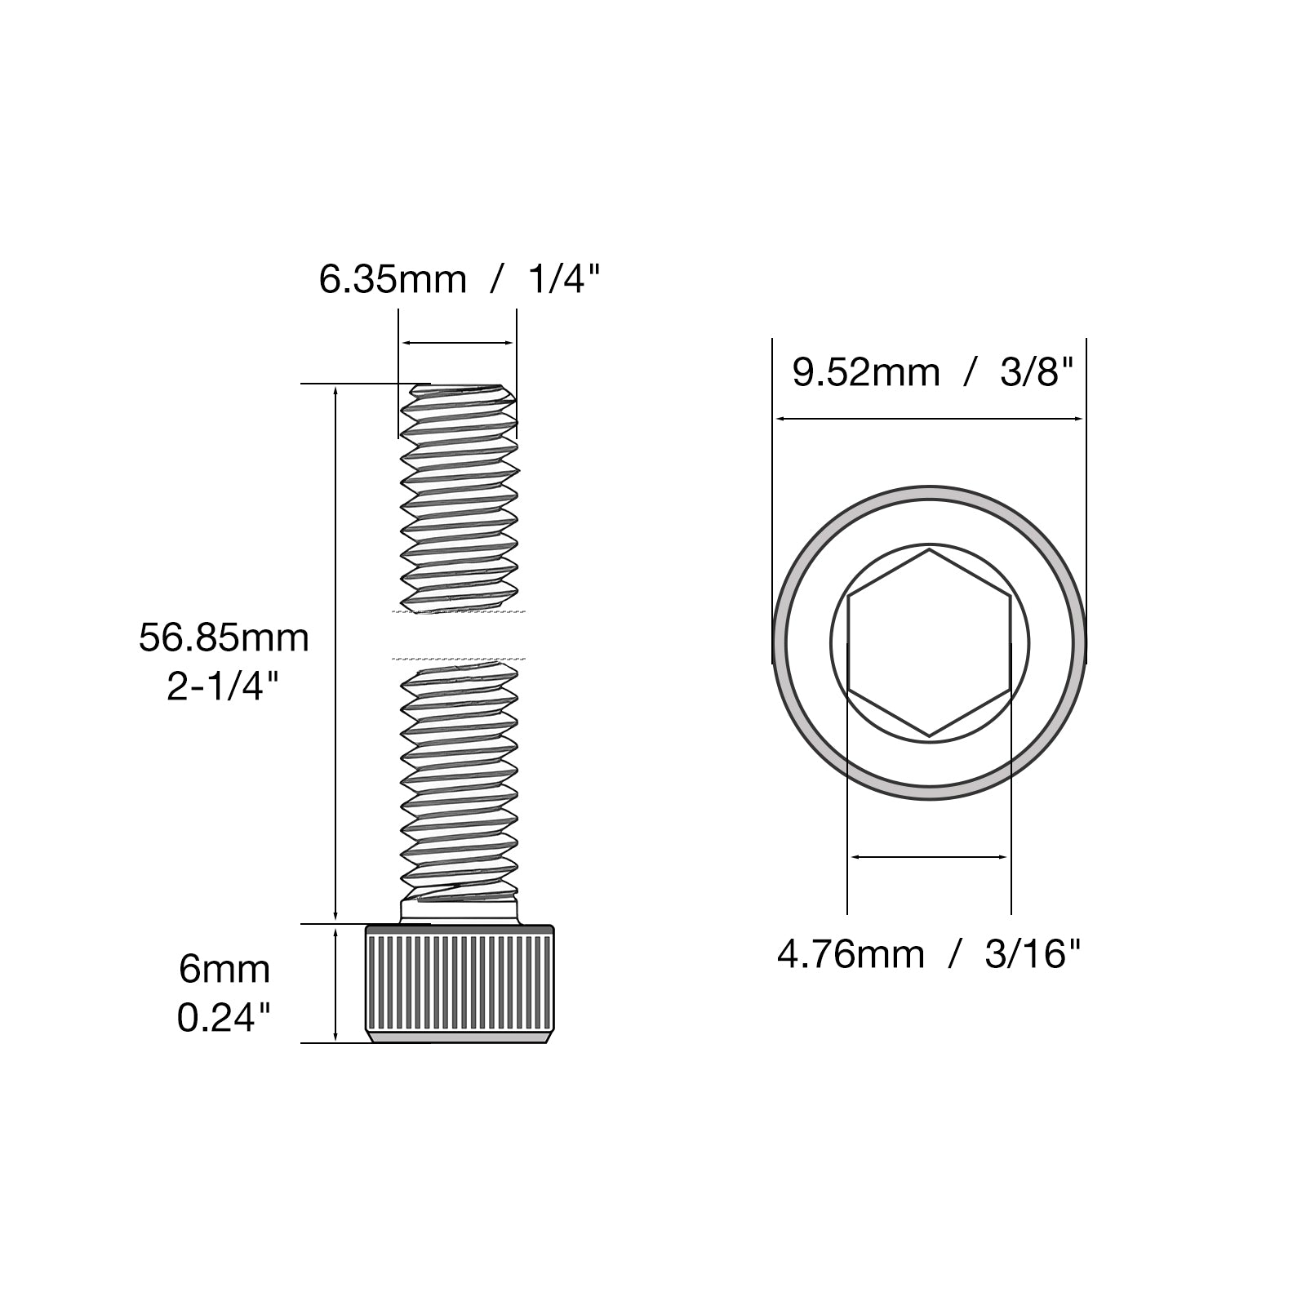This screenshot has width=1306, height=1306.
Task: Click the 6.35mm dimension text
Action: tap(392, 279)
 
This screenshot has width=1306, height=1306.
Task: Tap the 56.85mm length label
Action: tap(224, 637)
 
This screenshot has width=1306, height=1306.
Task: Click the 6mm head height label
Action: tap(224, 970)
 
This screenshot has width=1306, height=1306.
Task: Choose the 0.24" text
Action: tap(224, 1018)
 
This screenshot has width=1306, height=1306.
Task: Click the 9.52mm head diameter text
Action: tap(866, 373)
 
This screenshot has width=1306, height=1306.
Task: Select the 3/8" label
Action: tap(1034, 372)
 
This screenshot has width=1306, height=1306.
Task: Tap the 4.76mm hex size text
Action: tap(850, 954)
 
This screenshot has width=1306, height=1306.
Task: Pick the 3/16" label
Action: tap(1033, 953)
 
